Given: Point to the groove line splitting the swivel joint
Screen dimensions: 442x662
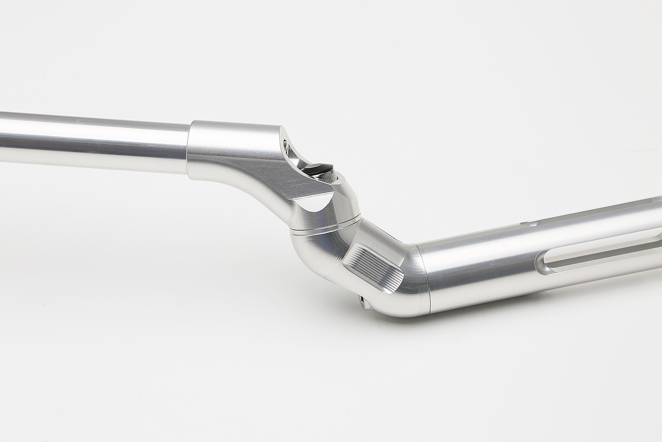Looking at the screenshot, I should click(327, 227).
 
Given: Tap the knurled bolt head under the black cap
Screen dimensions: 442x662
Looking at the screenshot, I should click(329, 177).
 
